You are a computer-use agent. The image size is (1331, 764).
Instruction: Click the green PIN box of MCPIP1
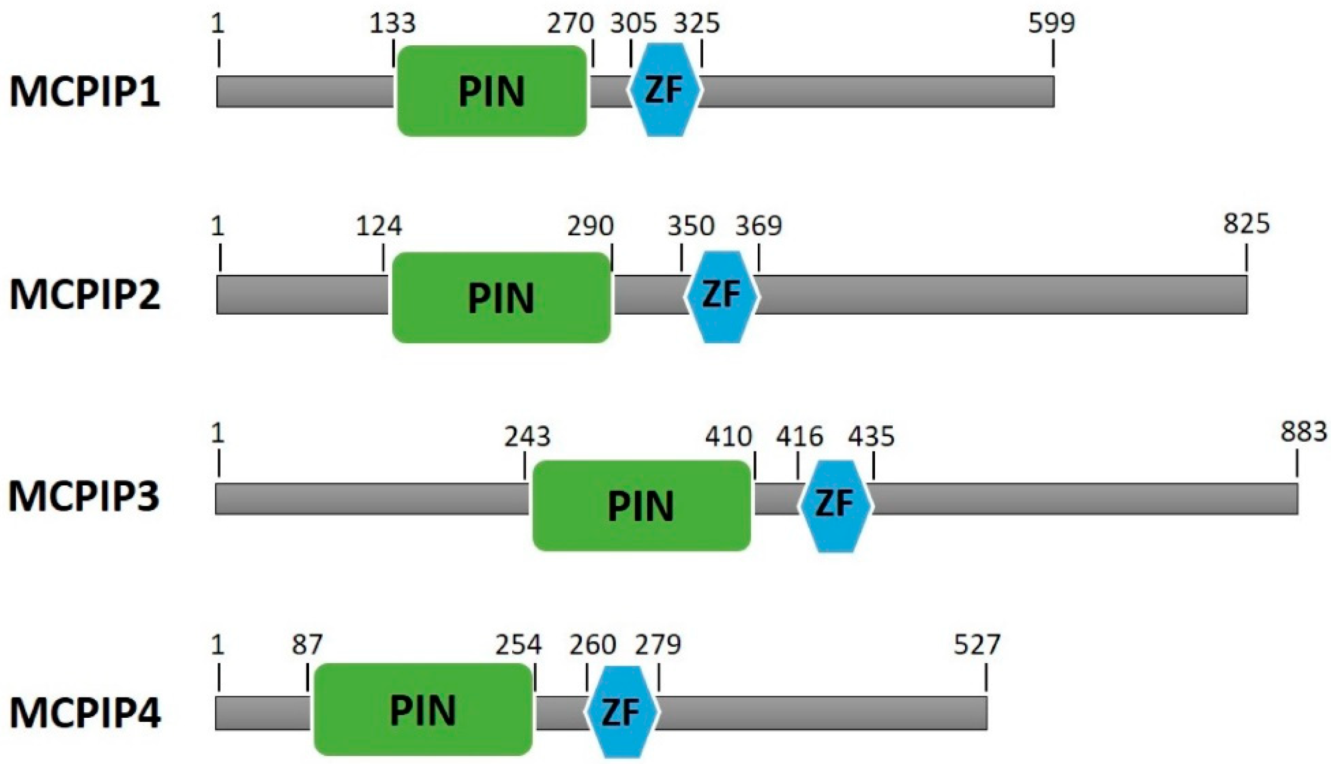(492, 91)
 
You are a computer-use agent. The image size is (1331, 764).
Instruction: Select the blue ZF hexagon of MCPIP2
(722, 296)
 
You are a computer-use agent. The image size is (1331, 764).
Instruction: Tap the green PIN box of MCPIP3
(641, 505)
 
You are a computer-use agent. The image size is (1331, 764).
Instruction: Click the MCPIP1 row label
(85, 92)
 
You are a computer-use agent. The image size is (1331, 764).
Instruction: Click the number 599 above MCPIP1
(1051, 23)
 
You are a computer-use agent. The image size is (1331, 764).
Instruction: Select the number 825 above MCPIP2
(1246, 224)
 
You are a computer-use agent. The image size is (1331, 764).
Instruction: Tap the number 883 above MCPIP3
(1304, 432)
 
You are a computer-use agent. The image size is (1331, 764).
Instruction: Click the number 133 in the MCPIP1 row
(393, 23)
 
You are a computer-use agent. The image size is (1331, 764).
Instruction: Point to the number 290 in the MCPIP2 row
(590, 226)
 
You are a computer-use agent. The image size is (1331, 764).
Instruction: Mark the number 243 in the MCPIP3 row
(527, 436)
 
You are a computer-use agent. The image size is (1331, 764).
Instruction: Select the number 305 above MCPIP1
(633, 23)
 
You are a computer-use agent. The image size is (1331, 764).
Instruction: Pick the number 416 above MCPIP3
(800, 436)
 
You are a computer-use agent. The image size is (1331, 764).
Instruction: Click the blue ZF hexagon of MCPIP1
(664, 90)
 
